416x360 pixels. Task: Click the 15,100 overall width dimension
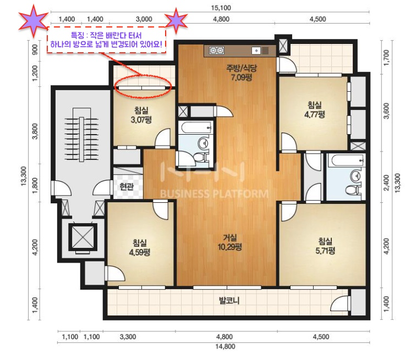(221, 8)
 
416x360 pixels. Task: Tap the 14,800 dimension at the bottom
(225, 346)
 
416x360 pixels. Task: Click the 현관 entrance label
(127, 187)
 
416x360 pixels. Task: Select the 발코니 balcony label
(229, 301)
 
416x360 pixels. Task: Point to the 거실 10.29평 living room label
(230, 242)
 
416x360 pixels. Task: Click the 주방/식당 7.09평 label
(242, 73)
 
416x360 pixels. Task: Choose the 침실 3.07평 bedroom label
(141, 115)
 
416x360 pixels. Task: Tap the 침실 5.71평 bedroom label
(325, 246)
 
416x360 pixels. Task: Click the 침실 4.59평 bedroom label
(140, 247)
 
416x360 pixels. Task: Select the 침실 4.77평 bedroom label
(315, 109)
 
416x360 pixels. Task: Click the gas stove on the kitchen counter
(217, 51)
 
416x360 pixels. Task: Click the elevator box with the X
(83, 237)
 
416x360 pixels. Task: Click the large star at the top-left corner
(34, 20)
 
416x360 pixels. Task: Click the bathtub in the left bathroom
(195, 128)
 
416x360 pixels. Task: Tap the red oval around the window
(143, 86)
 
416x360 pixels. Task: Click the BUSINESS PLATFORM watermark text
(215, 194)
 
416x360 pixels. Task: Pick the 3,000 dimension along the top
(144, 19)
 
